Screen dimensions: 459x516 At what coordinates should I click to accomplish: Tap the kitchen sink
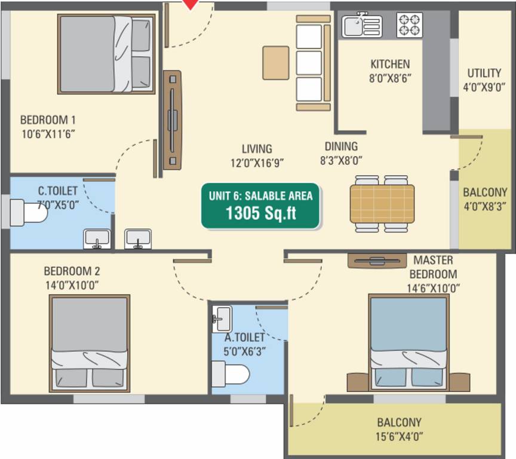[361, 26]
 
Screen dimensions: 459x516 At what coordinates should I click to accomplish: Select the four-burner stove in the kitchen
[410, 25]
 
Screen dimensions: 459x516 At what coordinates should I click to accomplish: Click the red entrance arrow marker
[190, 4]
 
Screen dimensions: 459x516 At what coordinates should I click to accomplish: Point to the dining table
[382, 203]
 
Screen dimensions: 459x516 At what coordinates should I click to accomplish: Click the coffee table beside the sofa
[275, 62]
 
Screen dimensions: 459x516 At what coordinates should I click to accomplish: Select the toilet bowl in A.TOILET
[234, 374]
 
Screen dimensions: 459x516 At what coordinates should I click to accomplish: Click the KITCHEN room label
[390, 64]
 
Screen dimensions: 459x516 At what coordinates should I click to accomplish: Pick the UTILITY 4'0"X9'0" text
[484, 79]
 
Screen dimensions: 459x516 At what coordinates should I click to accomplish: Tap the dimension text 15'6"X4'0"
[399, 436]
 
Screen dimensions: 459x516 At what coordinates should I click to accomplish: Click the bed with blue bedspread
[408, 342]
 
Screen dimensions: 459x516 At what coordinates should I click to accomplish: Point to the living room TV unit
[172, 120]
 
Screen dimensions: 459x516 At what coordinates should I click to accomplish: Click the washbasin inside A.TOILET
[222, 319]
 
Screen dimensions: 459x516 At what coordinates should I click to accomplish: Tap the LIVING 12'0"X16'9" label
[257, 155]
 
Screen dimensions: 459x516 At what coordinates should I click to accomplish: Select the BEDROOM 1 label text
[48, 119]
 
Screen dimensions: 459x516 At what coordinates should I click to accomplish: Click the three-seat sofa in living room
[312, 63]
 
